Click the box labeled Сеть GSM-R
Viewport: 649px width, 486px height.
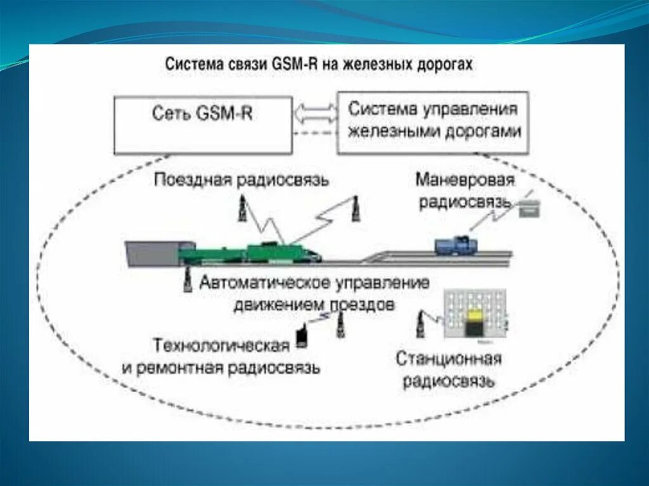(x=203, y=125)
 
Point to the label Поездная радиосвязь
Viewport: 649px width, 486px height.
(x=241, y=180)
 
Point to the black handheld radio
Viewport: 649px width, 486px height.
(x=302, y=336)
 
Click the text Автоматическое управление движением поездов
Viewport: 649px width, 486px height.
(x=314, y=293)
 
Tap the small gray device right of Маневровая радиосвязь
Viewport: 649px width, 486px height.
(x=529, y=209)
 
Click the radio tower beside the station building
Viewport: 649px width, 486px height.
(x=420, y=326)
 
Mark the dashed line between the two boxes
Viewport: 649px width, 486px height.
(x=315, y=132)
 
